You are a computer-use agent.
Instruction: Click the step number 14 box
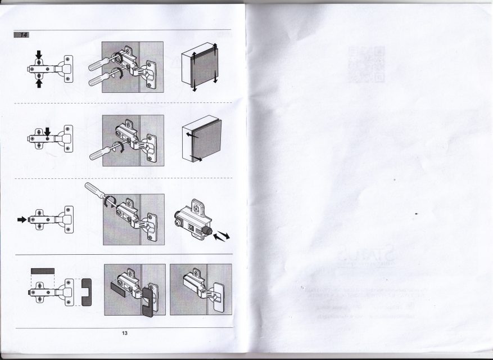[22, 35]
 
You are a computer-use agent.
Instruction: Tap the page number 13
[125, 334]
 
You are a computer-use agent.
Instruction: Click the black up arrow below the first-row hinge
[39, 83]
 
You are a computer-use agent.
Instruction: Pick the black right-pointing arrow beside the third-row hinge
[22, 219]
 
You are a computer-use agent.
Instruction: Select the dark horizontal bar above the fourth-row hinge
[42, 271]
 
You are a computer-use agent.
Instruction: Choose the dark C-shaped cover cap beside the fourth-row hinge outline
[87, 292]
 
